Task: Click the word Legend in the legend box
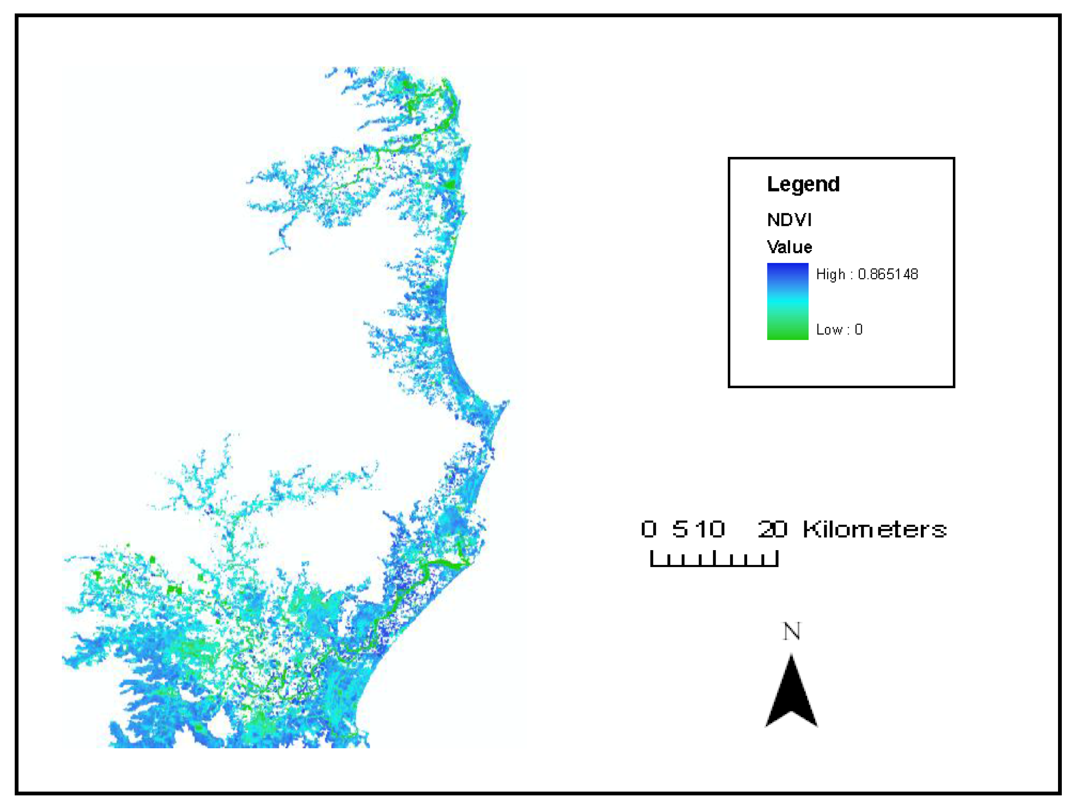coord(803,185)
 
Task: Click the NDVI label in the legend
coord(789,220)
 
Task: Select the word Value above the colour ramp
coord(789,247)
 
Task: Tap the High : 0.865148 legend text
coord(867,274)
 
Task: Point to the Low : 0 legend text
coord(839,330)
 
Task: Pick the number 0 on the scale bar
coord(649,529)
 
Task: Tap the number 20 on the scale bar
coord(772,529)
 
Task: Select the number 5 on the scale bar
coord(680,529)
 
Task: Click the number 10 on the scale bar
coord(709,529)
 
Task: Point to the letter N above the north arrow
coord(791,631)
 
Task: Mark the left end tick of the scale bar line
coord(652,559)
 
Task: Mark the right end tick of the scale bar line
coord(777,559)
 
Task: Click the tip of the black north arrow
coord(791,657)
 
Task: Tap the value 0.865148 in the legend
coord(888,274)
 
